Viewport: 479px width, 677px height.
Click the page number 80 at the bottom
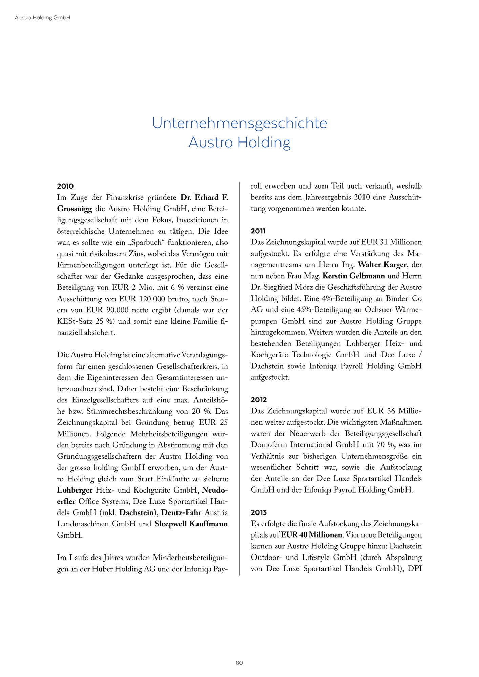click(x=239, y=663)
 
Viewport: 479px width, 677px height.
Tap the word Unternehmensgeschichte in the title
click(x=239, y=123)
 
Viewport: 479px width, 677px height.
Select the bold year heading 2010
click(x=65, y=186)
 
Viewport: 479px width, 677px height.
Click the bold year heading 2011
click(x=258, y=231)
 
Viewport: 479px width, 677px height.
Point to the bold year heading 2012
click(x=258, y=400)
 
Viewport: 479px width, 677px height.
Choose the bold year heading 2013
click(x=258, y=512)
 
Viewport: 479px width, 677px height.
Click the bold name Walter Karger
click(x=382, y=265)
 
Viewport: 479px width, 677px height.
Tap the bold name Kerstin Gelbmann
click(x=354, y=276)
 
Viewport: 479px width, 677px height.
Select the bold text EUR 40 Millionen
click(x=312, y=535)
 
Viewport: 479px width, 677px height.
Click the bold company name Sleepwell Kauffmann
click(x=191, y=524)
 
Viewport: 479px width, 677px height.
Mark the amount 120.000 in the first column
click(x=150, y=299)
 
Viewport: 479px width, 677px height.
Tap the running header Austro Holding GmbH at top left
click(x=42, y=18)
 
